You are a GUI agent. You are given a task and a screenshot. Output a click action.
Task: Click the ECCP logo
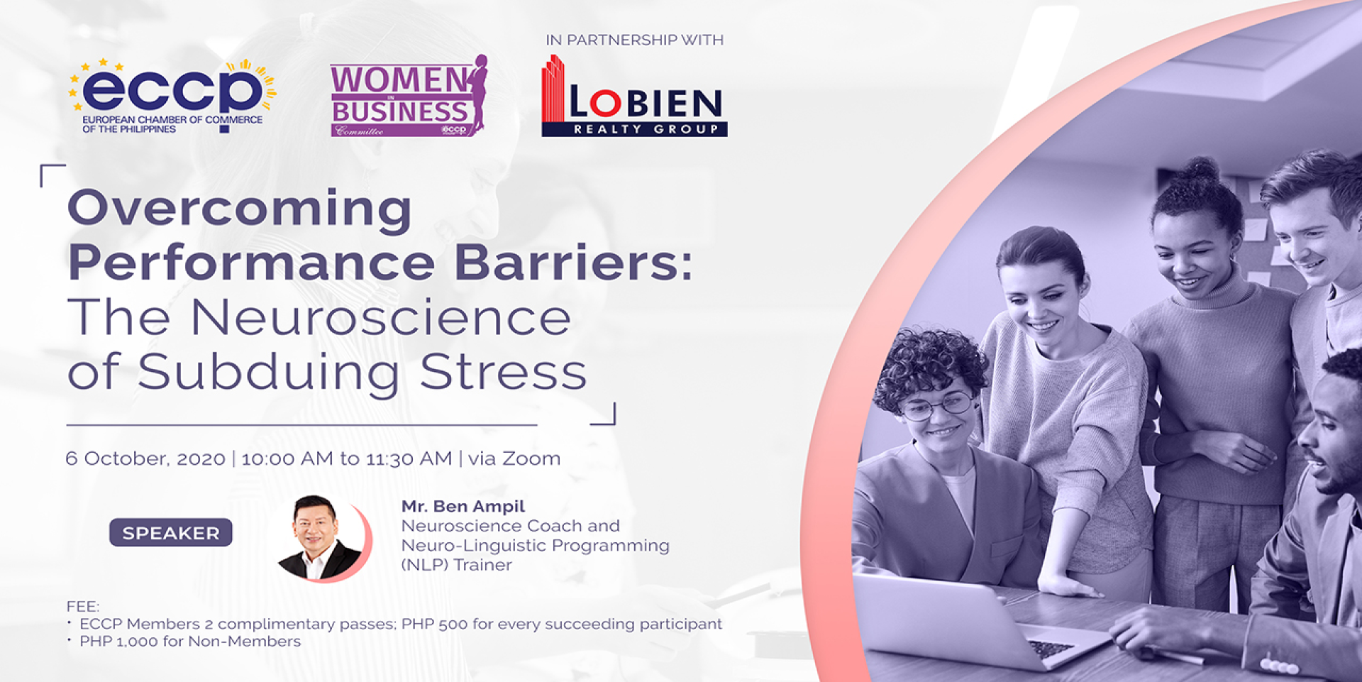(x=172, y=96)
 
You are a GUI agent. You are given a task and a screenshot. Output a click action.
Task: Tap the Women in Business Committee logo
(x=409, y=96)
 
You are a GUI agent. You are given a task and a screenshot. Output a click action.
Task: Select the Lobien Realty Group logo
(x=634, y=96)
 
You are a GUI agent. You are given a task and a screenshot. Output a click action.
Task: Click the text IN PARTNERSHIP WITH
(x=635, y=40)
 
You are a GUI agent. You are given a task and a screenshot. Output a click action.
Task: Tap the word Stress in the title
(x=504, y=370)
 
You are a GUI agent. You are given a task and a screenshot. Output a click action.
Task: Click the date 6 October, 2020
(x=145, y=459)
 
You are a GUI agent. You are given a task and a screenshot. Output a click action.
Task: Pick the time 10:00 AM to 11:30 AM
(x=347, y=458)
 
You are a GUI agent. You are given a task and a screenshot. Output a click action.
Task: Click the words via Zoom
(x=514, y=458)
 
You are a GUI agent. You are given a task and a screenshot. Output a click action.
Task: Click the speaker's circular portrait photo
(x=323, y=539)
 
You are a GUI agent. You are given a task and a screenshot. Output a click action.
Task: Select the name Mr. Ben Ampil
(x=463, y=506)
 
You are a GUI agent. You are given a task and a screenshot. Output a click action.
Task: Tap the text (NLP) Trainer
(x=457, y=565)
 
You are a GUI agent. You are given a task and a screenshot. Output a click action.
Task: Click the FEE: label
(x=83, y=606)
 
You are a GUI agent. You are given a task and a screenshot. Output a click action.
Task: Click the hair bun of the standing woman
(x=1198, y=170)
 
